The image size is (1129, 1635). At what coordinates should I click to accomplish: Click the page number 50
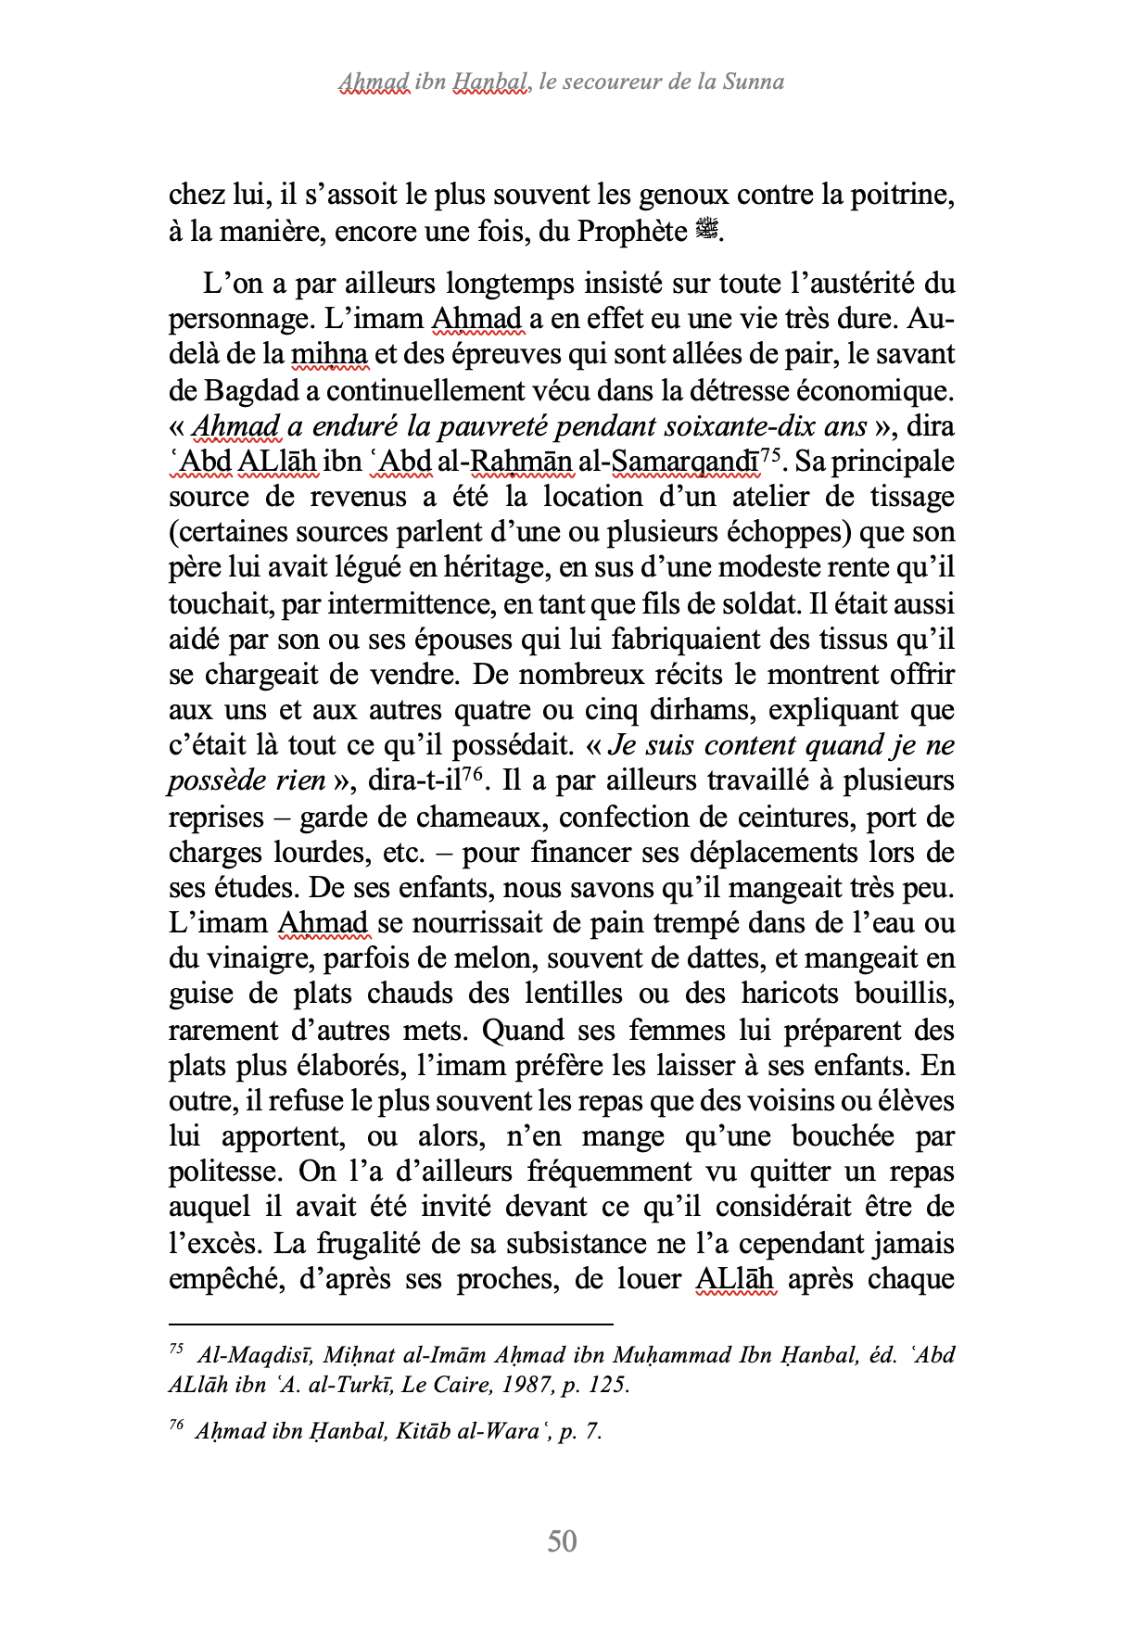click(x=563, y=1541)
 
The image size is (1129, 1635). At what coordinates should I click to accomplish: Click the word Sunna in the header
click(x=754, y=82)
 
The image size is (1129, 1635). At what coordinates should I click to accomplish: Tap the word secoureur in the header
click(x=607, y=82)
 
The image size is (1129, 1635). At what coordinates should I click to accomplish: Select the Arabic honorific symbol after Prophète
click(x=706, y=230)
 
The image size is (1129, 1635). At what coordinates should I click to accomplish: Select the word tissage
click(x=911, y=497)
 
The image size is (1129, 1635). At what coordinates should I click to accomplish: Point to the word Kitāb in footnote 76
click(x=424, y=1431)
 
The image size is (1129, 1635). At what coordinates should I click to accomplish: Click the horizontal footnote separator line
click(x=391, y=1324)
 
